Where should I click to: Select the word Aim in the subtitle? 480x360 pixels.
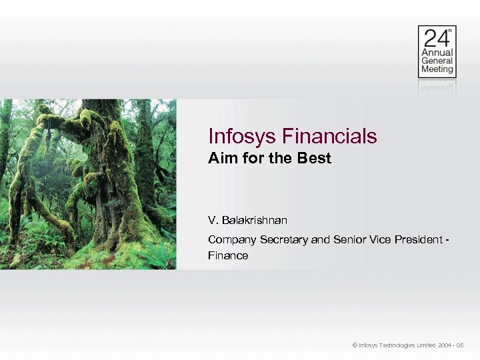pyautogui.click(x=221, y=159)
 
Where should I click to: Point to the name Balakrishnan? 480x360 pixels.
pyautogui.click(x=255, y=219)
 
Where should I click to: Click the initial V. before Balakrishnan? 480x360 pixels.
pyautogui.click(x=213, y=219)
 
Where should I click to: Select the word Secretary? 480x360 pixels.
pyautogui.click(x=283, y=239)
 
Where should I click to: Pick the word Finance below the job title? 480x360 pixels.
pyautogui.click(x=228, y=255)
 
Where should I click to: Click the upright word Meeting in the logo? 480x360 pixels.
pyautogui.click(x=437, y=69)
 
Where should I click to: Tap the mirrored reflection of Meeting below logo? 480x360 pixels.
pyautogui.click(x=437, y=86)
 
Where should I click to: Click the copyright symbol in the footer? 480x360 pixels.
pyautogui.click(x=355, y=345)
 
